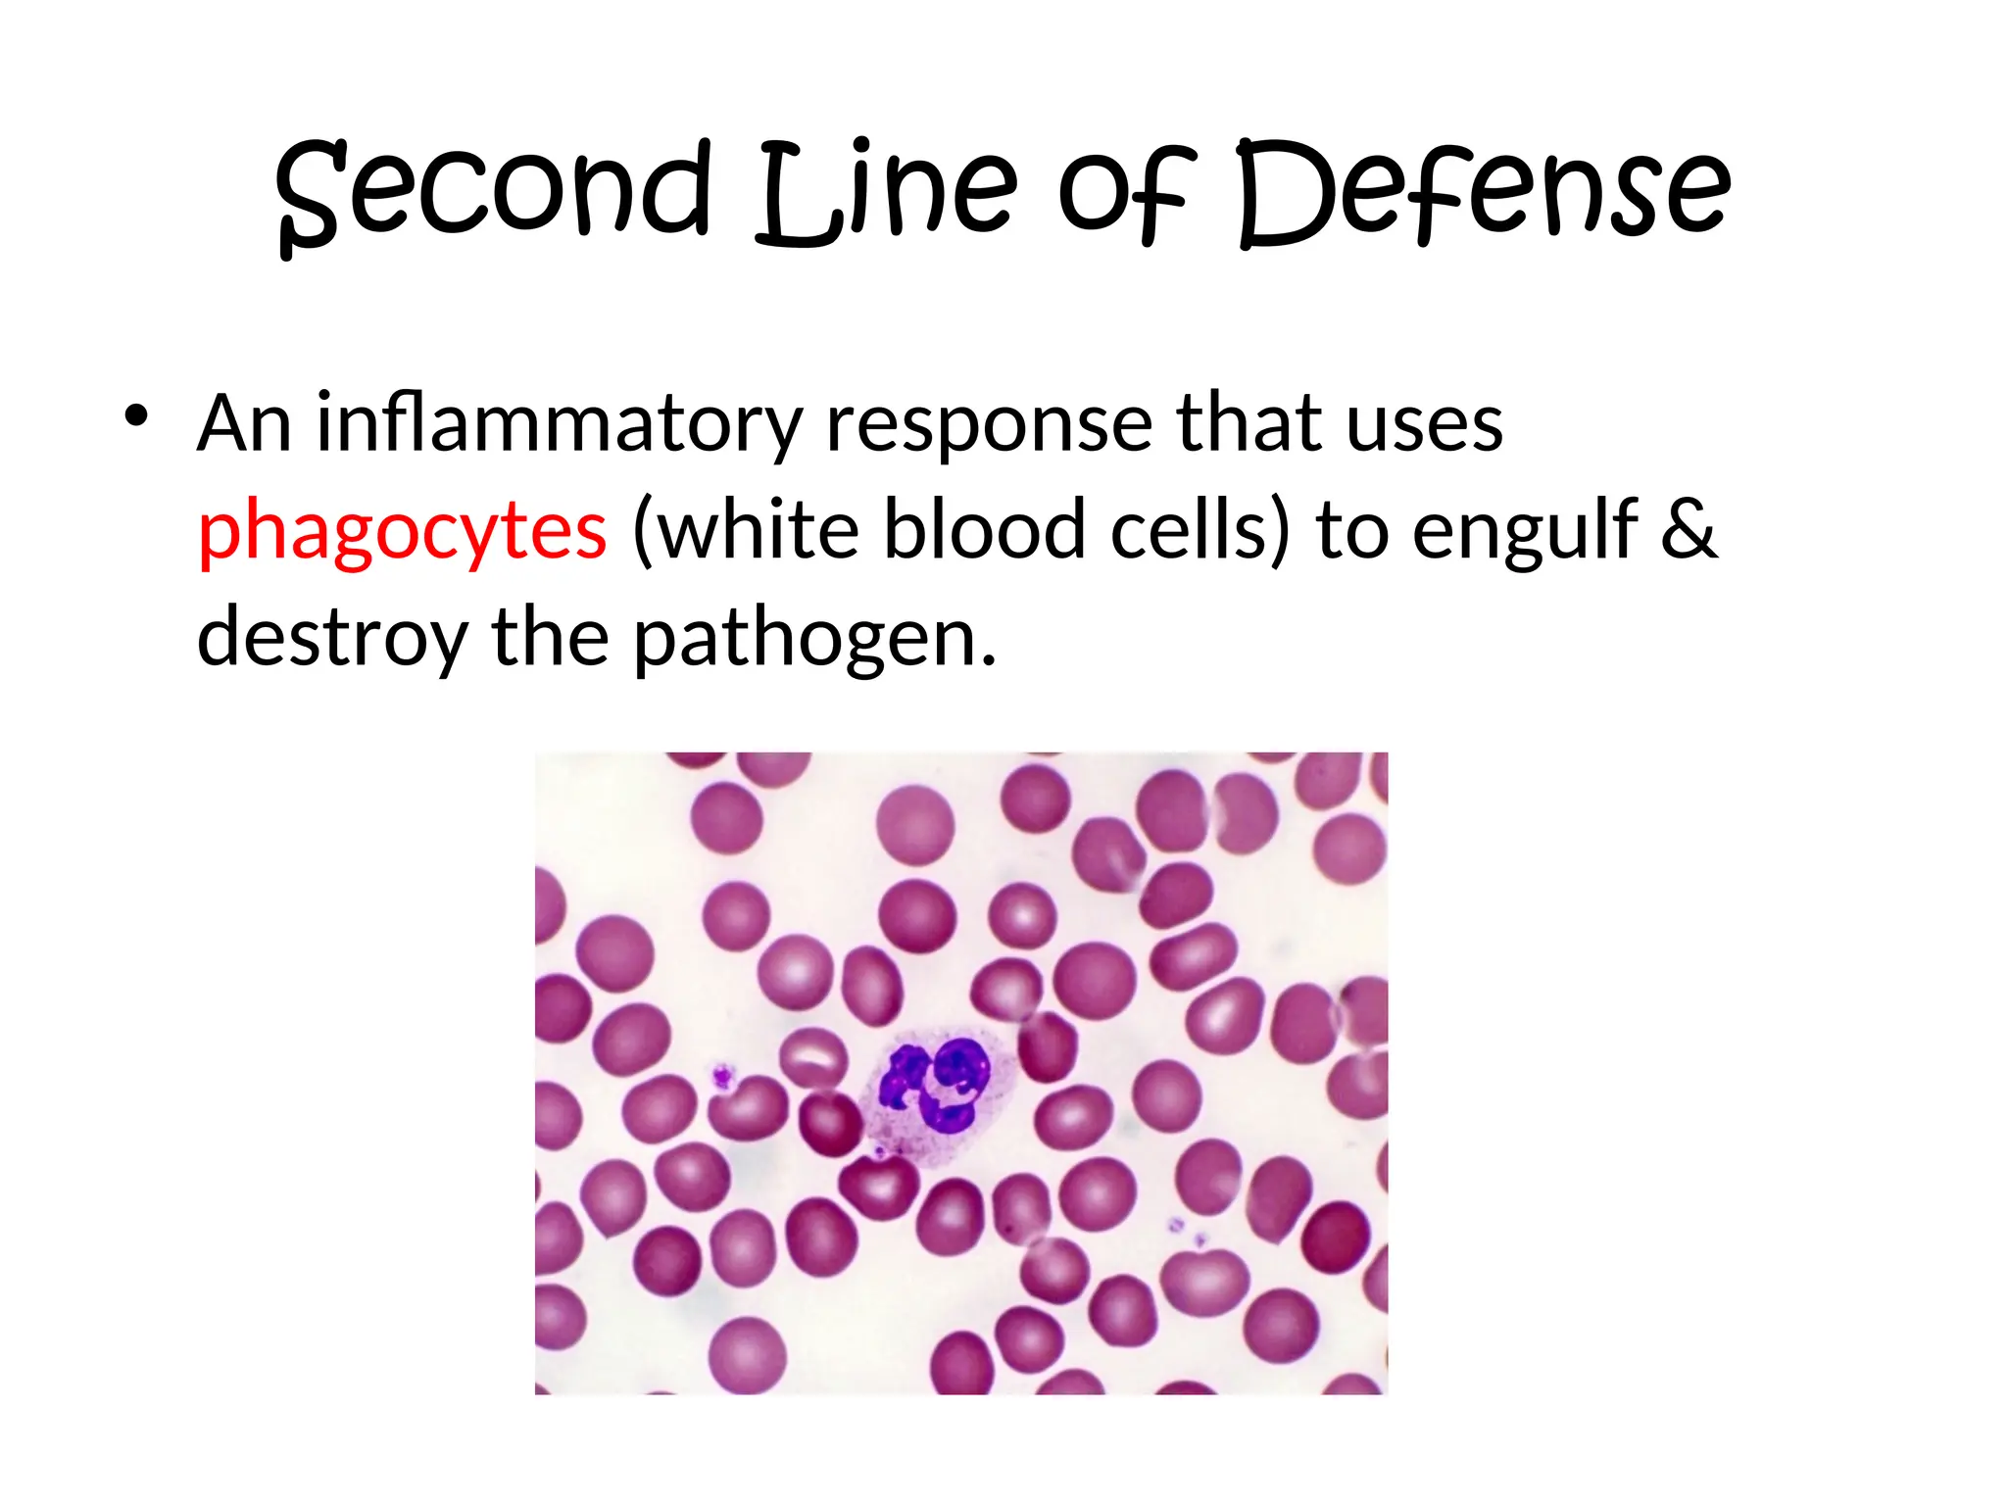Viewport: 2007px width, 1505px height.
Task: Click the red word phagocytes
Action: pyautogui.click(x=402, y=531)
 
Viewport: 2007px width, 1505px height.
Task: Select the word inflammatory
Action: pyautogui.click(x=560, y=424)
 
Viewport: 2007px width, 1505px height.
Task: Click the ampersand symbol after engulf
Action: pyautogui.click(x=1688, y=529)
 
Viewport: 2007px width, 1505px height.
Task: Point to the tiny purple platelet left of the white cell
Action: pyautogui.click(x=723, y=1078)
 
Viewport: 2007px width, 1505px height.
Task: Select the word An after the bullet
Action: pyautogui.click(x=245, y=423)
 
